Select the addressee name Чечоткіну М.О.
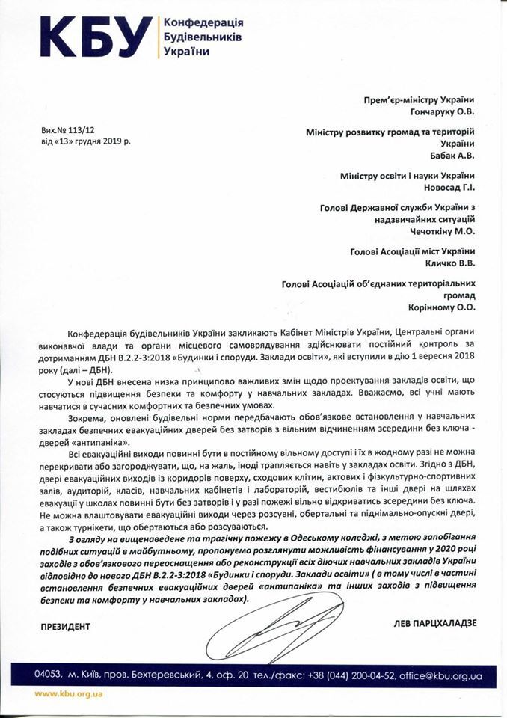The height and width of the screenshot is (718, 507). pos(435,233)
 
